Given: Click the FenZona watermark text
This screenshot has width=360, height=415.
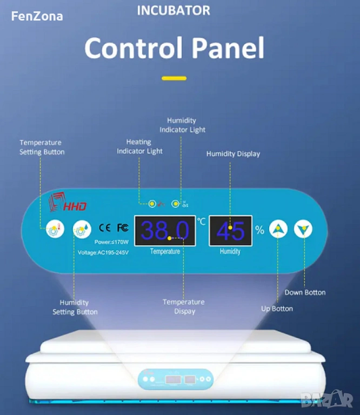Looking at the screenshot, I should [x=37, y=16].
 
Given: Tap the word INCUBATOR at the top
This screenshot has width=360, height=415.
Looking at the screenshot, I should [x=174, y=10].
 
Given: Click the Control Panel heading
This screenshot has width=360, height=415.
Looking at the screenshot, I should [x=174, y=49].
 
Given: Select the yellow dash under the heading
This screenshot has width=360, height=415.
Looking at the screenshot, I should [x=174, y=78].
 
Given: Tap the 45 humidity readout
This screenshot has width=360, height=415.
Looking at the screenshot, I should [x=230, y=231].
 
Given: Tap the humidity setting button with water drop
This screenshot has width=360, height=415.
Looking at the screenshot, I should [x=83, y=229].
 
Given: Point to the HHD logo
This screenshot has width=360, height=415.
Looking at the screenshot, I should [x=68, y=204].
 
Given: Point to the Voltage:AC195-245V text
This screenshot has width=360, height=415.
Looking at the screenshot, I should [x=103, y=252].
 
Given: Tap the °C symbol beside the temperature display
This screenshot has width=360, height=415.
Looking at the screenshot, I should [x=201, y=221].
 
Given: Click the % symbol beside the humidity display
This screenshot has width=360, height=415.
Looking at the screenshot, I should [x=260, y=230].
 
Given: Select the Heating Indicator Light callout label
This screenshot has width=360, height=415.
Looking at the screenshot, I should [x=139, y=146].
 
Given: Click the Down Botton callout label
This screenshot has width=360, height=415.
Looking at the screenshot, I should [x=305, y=292].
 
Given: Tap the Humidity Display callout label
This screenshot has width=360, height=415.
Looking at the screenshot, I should [x=233, y=154].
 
